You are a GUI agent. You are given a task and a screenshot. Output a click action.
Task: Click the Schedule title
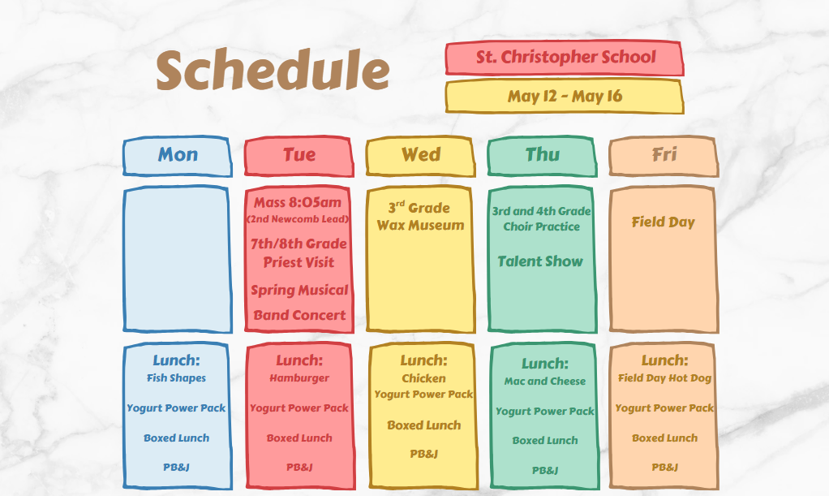pyautogui.click(x=273, y=70)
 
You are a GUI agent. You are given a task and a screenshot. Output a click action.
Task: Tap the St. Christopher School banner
pyautogui.click(x=564, y=57)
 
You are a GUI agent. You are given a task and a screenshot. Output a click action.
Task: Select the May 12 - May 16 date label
pyautogui.click(x=564, y=97)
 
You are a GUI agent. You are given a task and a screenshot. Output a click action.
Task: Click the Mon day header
pyautogui.click(x=178, y=155)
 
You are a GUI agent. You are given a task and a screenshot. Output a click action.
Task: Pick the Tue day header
pyautogui.click(x=299, y=155)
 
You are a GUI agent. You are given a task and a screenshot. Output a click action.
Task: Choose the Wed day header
pyautogui.click(x=421, y=155)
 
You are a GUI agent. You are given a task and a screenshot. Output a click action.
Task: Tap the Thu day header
pyautogui.click(x=543, y=155)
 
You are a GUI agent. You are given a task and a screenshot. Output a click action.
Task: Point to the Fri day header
pyautogui.click(x=664, y=155)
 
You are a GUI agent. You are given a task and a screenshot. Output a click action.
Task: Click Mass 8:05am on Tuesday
pyautogui.click(x=298, y=202)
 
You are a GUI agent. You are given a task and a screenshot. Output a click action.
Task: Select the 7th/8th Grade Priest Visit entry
pyautogui.click(x=299, y=253)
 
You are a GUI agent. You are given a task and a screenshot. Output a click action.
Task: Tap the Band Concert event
pyautogui.click(x=299, y=316)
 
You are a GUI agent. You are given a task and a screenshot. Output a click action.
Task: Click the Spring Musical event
pyautogui.click(x=299, y=290)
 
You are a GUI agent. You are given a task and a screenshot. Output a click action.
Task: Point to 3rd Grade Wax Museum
pyautogui.click(x=420, y=216)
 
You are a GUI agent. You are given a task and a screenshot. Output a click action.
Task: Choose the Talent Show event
pyautogui.click(x=540, y=261)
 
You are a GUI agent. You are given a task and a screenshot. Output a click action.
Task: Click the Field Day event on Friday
pyautogui.click(x=663, y=222)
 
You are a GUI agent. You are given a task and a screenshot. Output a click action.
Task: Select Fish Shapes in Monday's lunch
pyautogui.click(x=177, y=378)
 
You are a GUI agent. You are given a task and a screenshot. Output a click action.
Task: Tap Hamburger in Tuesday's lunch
pyautogui.click(x=299, y=378)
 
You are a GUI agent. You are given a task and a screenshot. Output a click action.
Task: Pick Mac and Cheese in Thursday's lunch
pyautogui.click(x=545, y=381)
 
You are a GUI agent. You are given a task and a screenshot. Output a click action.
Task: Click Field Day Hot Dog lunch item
pyautogui.click(x=665, y=378)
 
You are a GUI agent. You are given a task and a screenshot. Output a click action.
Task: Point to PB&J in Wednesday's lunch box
pyautogui.click(x=424, y=454)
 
